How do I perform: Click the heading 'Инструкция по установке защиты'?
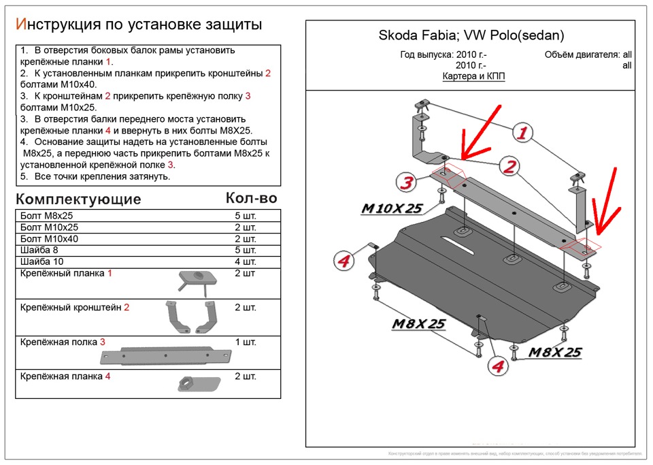[x=139, y=25]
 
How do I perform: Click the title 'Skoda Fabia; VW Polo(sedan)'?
[x=471, y=36]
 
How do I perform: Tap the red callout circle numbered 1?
[x=522, y=133]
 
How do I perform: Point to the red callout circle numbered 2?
[x=509, y=165]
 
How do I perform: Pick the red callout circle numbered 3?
[x=406, y=182]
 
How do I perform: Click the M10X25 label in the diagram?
[x=391, y=209]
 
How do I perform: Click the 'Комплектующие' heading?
[x=78, y=199]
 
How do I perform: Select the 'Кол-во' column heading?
[x=251, y=198]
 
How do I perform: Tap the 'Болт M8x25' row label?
[x=46, y=216]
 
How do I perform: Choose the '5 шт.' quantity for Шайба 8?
[x=245, y=251]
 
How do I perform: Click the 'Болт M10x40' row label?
[x=49, y=239]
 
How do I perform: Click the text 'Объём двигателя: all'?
[x=588, y=55]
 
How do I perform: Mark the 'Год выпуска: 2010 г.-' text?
[x=443, y=55]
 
